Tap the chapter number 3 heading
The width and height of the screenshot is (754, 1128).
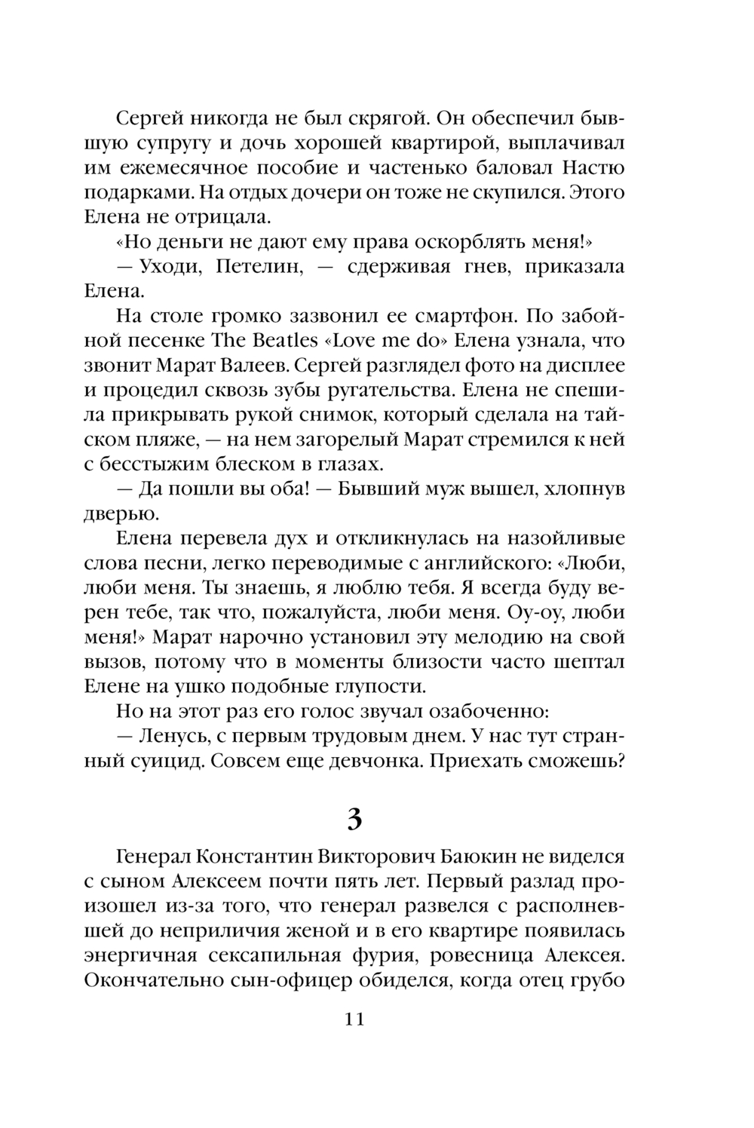click(x=354, y=818)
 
